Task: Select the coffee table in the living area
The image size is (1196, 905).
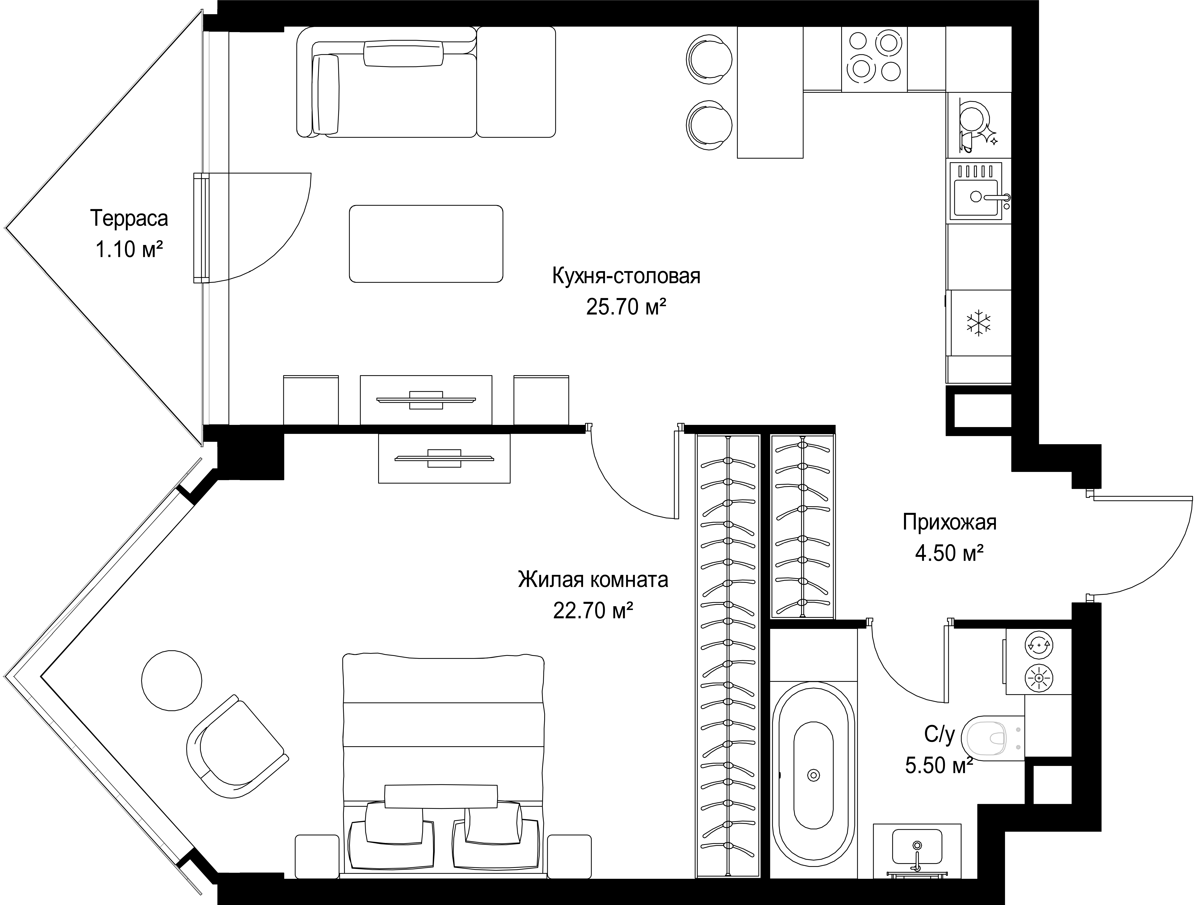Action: pos(426,243)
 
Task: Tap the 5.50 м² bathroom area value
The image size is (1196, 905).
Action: pos(939,765)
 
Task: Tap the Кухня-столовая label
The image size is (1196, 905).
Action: pos(626,276)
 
